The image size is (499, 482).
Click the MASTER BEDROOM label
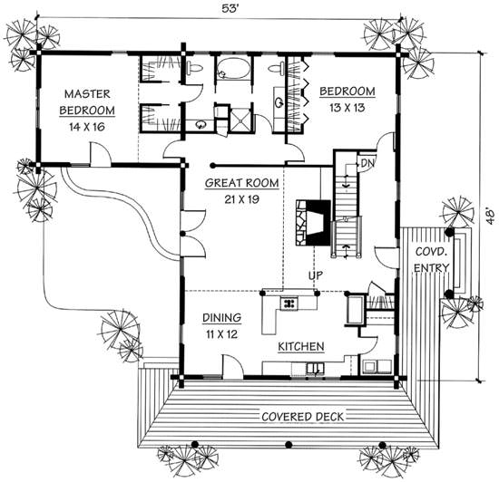click(87, 102)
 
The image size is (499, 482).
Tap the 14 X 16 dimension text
click(87, 127)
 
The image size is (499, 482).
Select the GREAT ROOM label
click(242, 183)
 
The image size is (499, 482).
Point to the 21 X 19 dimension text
click(242, 199)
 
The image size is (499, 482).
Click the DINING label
click(221, 317)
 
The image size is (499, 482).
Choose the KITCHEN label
click(301, 346)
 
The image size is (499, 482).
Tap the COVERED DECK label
click(303, 417)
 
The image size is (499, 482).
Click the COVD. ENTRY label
click(432, 260)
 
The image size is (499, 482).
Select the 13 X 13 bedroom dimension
click(347, 108)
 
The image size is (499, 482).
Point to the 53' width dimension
click(230, 8)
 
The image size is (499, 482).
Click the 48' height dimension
click(491, 217)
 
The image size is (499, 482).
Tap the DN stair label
click(367, 163)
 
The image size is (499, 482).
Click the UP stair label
click(316, 275)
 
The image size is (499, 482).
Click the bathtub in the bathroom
click(232, 68)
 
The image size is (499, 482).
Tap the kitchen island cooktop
click(289, 303)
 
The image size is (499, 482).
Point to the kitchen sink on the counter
click(315, 369)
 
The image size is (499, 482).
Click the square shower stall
click(240, 120)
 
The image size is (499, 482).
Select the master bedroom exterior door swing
click(101, 154)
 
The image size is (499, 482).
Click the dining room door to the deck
click(233, 367)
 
